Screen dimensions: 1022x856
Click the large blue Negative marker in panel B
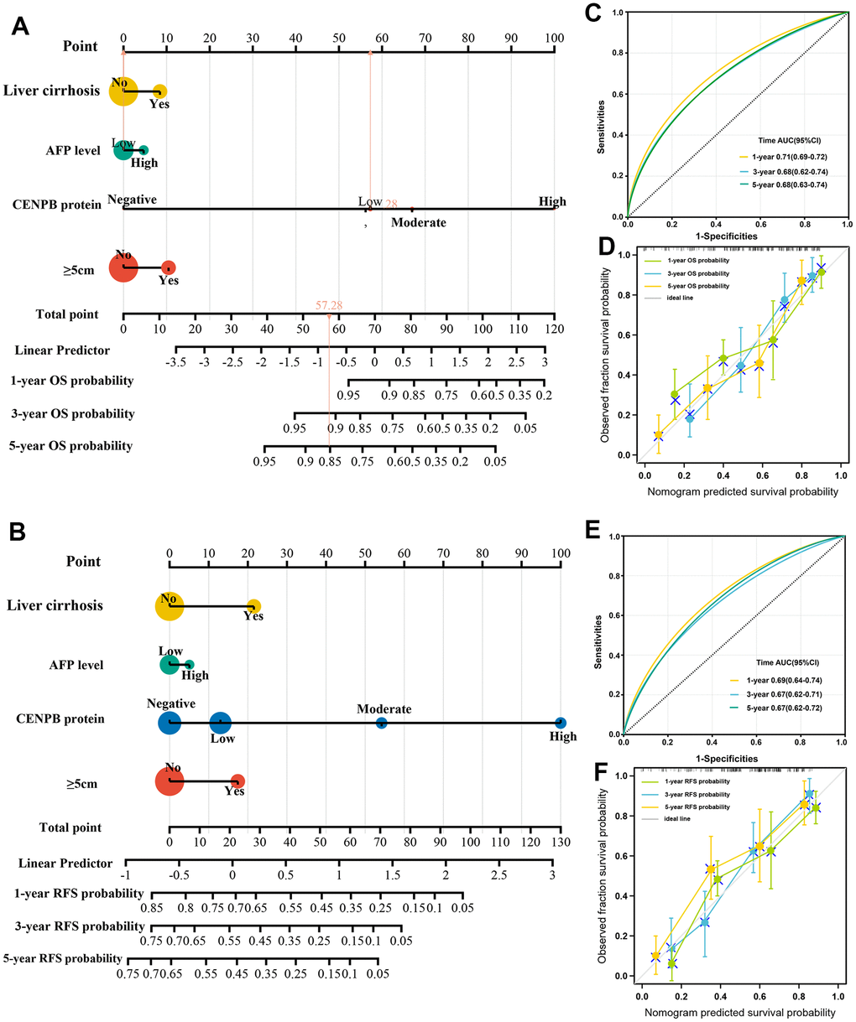(x=170, y=723)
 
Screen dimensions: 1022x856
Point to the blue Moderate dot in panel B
(x=381, y=723)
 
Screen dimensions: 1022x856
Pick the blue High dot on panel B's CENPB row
(x=560, y=723)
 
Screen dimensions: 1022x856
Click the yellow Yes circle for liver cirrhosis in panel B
(x=253, y=605)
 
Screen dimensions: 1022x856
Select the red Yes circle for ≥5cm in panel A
(x=169, y=267)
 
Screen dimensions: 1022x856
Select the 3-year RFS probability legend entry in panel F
(x=693, y=794)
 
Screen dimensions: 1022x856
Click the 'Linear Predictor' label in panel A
(x=62, y=350)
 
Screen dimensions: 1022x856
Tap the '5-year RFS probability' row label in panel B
(x=63, y=958)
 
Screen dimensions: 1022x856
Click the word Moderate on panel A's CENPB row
(x=419, y=222)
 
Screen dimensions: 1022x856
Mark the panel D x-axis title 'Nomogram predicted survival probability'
(x=742, y=492)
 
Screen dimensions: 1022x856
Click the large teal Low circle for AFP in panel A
(x=123, y=150)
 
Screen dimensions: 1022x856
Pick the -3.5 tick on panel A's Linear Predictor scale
(x=176, y=362)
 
